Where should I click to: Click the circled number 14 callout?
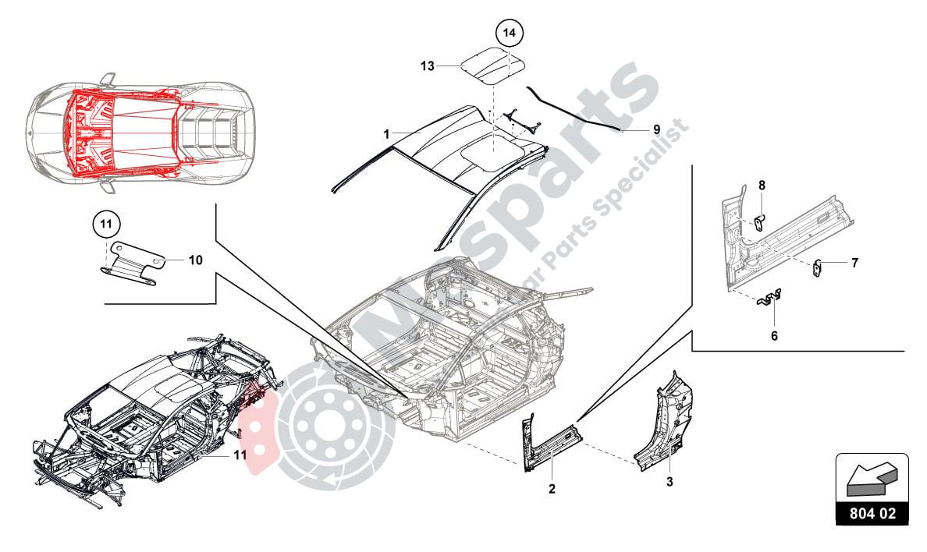click(509, 34)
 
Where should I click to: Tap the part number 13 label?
click(427, 67)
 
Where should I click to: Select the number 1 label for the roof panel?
click(386, 134)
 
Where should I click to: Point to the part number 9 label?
click(656, 129)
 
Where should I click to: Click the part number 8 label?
click(762, 185)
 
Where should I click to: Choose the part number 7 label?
click(854, 263)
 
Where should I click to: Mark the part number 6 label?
click(774, 336)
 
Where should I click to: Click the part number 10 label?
click(195, 260)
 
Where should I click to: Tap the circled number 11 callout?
click(107, 224)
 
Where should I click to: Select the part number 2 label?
click(552, 489)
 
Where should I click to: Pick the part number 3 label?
click(669, 482)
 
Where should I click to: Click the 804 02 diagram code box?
click(872, 514)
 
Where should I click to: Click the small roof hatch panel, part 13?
click(490, 64)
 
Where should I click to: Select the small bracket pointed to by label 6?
click(771, 299)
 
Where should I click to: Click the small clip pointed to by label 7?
click(818, 267)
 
